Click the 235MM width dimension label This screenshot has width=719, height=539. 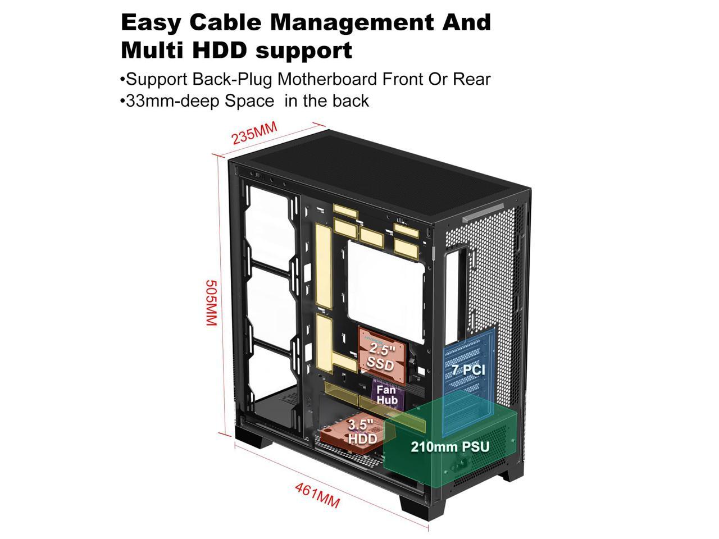[x=255, y=133]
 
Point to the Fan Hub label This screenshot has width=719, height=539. [x=386, y=395]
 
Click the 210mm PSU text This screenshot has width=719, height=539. [x=449, y=447]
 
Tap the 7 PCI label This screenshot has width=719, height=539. [x=468, y=370]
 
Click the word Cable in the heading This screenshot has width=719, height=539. [x=224, y=22]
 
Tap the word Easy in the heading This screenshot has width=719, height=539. [x=151, y=22]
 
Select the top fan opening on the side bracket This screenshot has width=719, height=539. [x=269, y=221]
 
